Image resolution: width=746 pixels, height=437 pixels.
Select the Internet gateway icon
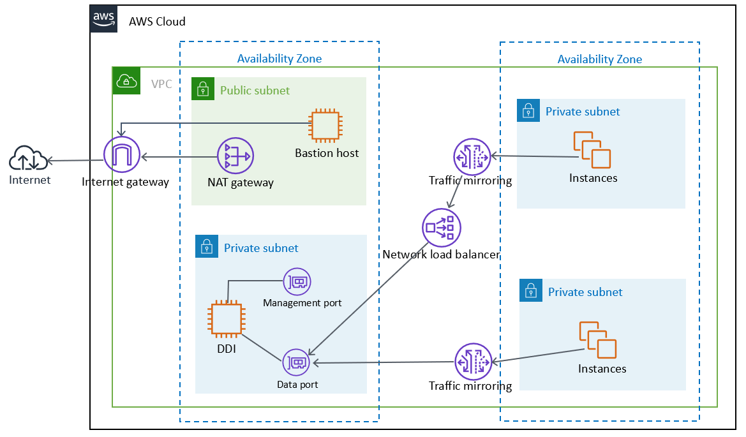(x=122, y=156)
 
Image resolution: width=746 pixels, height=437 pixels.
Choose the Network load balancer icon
(x=442, y=227)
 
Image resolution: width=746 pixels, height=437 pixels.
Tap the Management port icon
(x=297, y=281)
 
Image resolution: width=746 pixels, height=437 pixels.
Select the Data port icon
(x=297, y=362)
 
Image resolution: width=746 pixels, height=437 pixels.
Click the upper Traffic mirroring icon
(x=472, y=156)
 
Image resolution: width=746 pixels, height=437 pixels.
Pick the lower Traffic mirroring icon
(x=473, y=362)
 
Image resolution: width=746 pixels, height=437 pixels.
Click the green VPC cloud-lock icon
(x=126, y=81)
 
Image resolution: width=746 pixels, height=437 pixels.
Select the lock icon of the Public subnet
(x=203, y=89)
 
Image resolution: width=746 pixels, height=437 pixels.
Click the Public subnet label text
(x=255, y=91)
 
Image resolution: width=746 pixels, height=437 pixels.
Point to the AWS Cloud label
(x=157, y=22)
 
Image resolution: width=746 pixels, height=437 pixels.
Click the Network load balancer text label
(x=441, y=255)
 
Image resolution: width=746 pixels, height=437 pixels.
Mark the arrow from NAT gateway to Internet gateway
(x=179, y=156)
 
